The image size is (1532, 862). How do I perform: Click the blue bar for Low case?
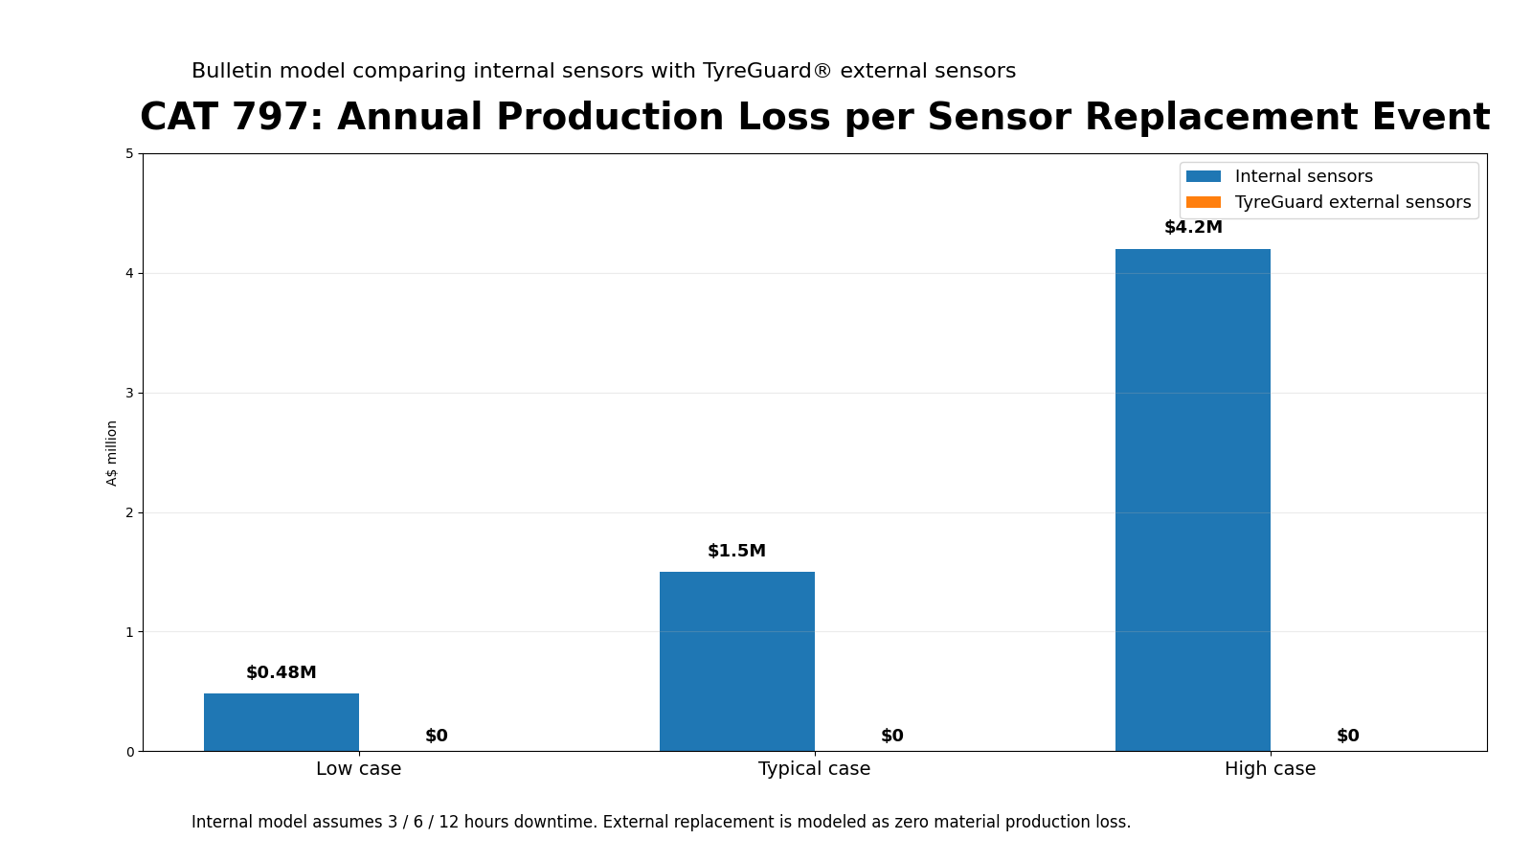281,722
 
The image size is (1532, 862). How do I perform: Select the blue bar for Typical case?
736,661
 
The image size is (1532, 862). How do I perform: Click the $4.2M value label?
1192,228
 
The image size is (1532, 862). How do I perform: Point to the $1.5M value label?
736,552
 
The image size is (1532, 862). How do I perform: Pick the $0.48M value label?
281,673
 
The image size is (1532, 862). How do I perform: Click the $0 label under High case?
1347,737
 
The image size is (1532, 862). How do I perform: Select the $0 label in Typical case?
891,737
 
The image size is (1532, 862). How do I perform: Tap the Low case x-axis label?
358,769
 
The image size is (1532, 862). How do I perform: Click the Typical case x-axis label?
814,769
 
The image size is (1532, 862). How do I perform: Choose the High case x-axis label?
1270,769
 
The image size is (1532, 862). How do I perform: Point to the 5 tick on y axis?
130,154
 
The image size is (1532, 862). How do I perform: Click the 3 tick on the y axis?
130,393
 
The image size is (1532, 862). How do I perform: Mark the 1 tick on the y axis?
130,632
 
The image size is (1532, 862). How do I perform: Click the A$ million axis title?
112,453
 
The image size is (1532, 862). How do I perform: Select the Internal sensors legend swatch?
1203,176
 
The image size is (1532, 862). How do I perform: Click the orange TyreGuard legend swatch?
1203,202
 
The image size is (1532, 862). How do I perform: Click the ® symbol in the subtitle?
822,71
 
